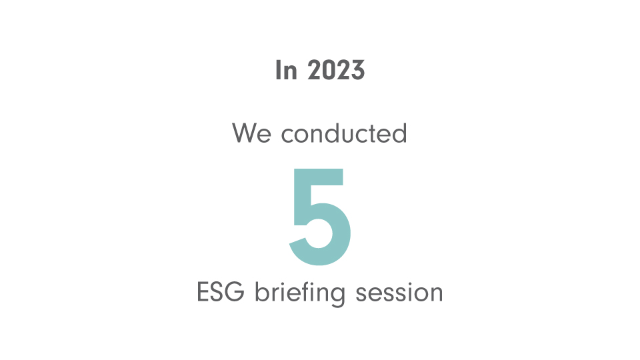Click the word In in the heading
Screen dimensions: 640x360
coord(286,70)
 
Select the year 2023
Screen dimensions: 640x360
coord(336,70)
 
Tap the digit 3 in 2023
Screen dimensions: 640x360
coord(358,70)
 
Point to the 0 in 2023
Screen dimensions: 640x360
coord(329,70)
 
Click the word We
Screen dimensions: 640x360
coord(251,133)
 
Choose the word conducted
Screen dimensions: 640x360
coord(344,133)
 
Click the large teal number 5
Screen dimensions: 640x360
coord(320,217)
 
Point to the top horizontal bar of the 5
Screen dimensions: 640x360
coord(319,176)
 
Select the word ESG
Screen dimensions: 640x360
coord(221,292)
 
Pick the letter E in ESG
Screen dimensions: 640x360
coord(203,292)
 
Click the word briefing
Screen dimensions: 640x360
coord(300,293)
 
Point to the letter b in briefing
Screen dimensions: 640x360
coord(261,291)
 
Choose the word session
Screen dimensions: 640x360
coord(399,293)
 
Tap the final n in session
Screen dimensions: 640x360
coord(436,294)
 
